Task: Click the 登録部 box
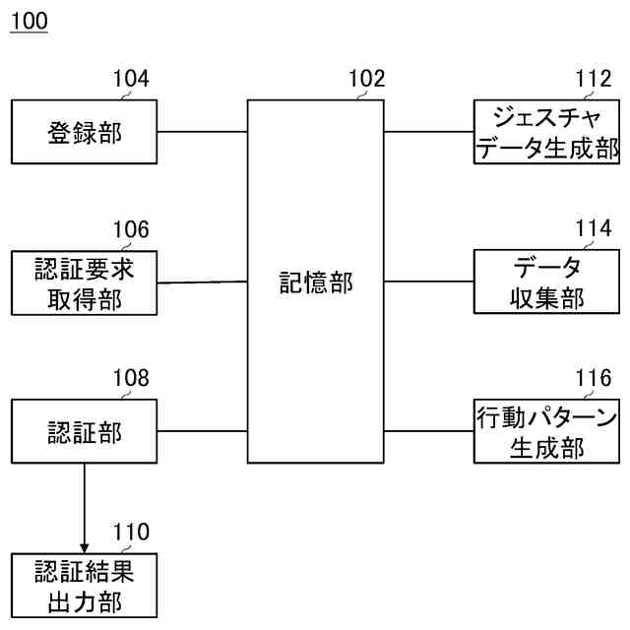tap(84, 132)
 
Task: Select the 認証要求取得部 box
tap(84, 283)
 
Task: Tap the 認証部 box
tap(84, 431)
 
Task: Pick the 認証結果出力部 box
tap(84, 585)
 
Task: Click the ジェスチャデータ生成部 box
tap(546, 132)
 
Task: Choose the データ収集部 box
tap(546, 283)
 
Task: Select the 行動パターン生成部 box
tap(546, 431)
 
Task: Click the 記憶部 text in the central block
tap(315, 284)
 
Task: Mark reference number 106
tap(131, 230)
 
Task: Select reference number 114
tap(593, 230)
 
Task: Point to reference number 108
tap(131, 378)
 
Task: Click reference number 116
tap(593, 378)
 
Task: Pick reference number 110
tap(131, 533)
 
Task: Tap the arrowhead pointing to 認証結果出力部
tap(84, 546)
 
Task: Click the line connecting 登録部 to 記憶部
tap(201, 132)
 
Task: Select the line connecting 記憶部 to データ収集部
tap(428, 283)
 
